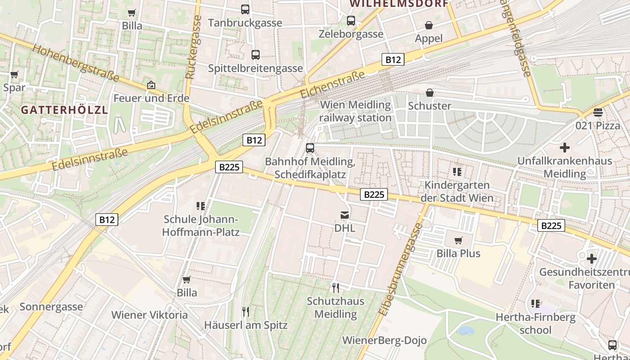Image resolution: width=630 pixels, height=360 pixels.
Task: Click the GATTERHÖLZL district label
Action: [64, 110]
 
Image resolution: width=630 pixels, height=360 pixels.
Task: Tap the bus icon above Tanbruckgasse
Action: [245, 9]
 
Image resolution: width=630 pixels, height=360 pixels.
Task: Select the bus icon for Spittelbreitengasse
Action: [256, 55]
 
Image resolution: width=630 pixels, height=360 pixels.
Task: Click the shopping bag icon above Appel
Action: [429, 25]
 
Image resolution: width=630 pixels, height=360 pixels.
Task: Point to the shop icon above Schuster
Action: [430, 93]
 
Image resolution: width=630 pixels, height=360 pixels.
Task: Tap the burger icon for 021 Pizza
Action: [598, 112]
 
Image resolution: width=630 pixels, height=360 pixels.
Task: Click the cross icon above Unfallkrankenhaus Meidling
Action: [564, 147]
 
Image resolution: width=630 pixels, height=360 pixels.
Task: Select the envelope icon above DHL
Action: [345, 215]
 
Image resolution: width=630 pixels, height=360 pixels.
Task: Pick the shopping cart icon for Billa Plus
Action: [459, 240]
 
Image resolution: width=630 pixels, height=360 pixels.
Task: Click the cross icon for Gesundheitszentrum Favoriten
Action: [591, 259]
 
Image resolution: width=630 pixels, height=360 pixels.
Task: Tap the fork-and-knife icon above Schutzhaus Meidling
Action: [335, 288]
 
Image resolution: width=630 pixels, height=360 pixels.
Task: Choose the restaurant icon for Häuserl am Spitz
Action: [246, 311]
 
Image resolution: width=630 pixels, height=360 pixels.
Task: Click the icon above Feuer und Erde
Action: [151, 85]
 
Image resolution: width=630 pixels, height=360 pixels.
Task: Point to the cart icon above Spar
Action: [14, 74]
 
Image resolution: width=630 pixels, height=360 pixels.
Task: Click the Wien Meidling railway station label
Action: [355, 111]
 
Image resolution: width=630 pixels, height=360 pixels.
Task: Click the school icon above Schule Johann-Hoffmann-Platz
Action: [201, 206]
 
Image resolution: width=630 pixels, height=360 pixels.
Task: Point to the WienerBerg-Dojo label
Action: [384, 340]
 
